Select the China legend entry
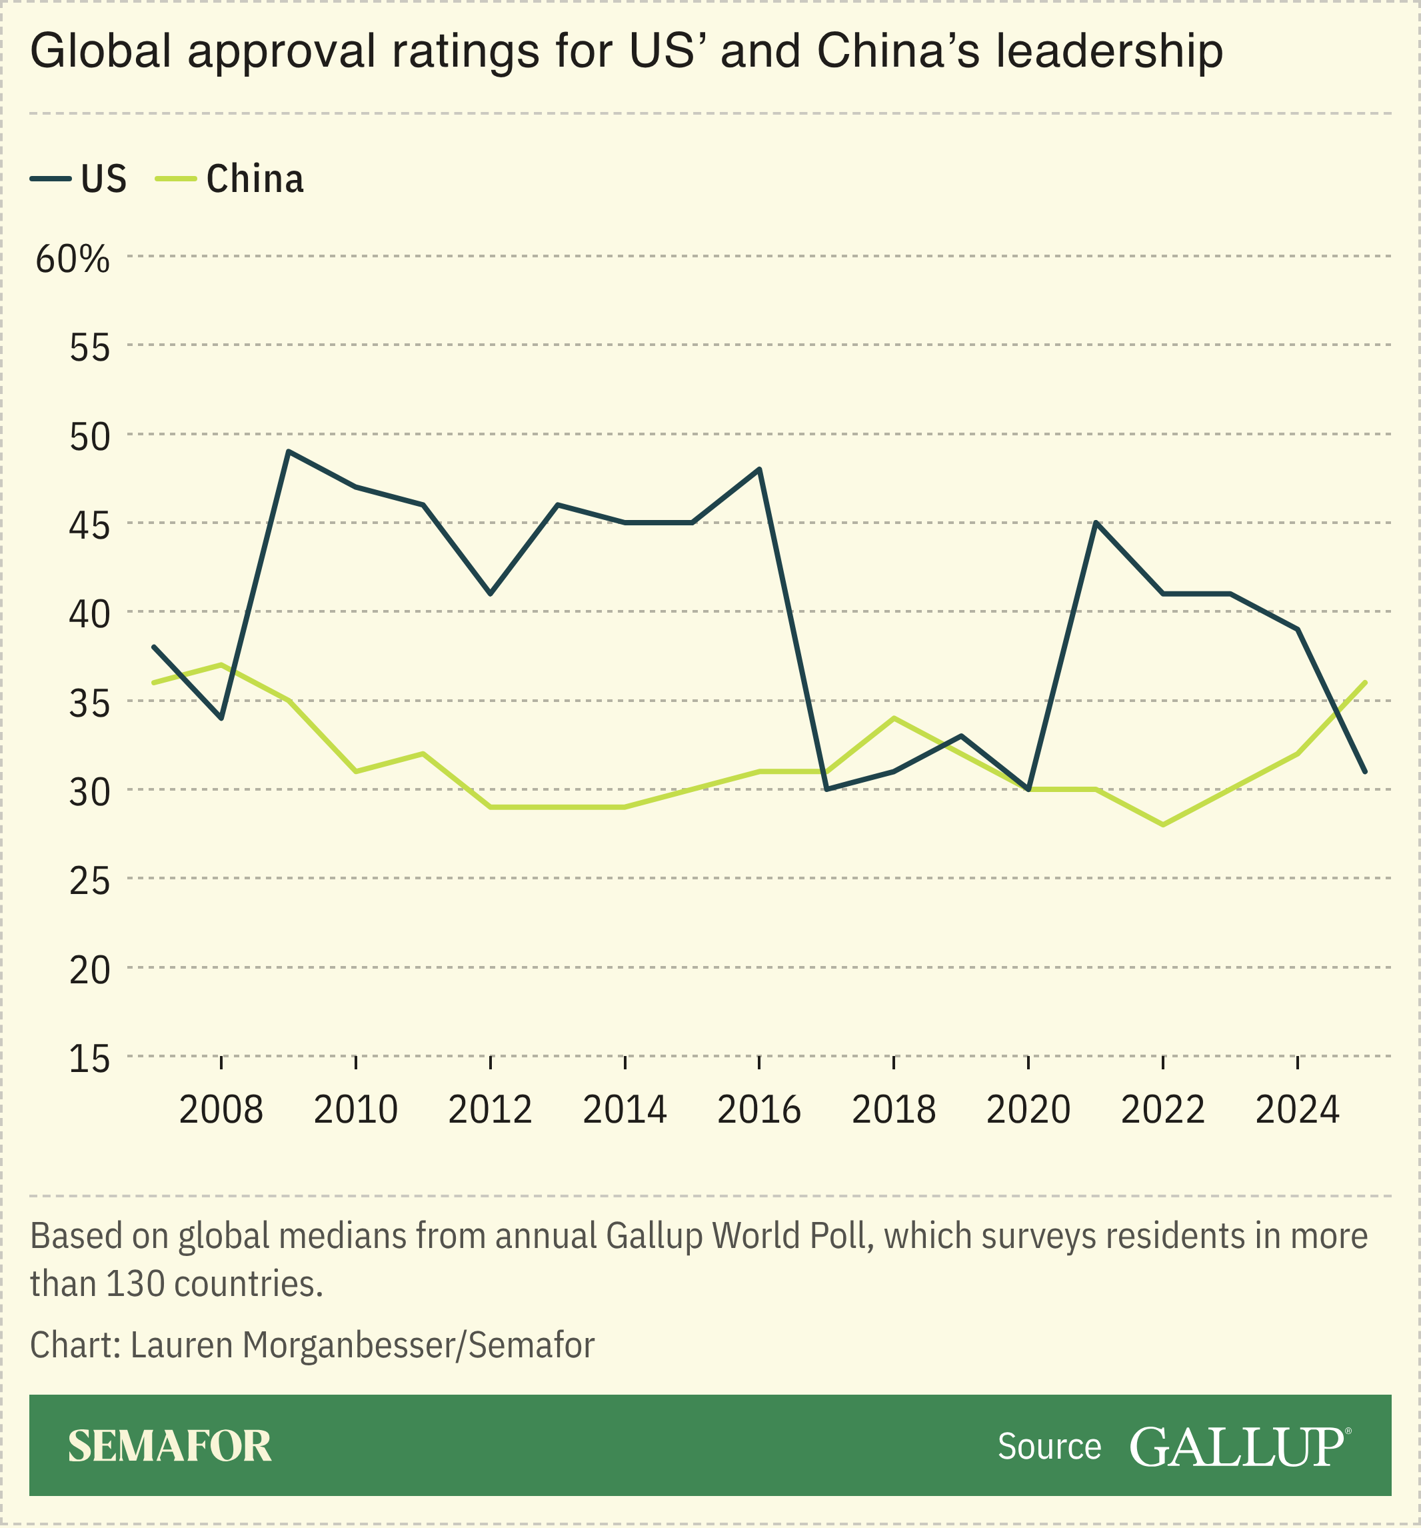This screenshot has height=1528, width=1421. [x=230, y=179]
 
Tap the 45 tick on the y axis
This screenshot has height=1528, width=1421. [x=90, y=526]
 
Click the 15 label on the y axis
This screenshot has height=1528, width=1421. [x=90, y=1060]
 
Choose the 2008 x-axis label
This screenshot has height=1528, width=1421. [x=221, y=1110]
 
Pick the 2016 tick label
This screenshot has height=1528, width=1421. [x=758, y=1110]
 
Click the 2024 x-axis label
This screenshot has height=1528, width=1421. [x=1297, y=1110]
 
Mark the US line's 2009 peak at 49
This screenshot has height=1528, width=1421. [x=287, y=452]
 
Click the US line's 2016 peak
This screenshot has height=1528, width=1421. [x=759, y=469]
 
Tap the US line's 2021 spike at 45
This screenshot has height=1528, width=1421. [x=1095, y=523]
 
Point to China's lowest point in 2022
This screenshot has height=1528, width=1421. [x=1163, y=825]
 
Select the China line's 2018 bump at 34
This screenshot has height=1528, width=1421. [x=894, y=718]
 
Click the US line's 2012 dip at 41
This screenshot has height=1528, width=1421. [x=491, y=593]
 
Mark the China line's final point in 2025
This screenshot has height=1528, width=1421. [x=1365, y=682]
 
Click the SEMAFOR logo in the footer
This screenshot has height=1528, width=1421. [x=169, y=1447]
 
